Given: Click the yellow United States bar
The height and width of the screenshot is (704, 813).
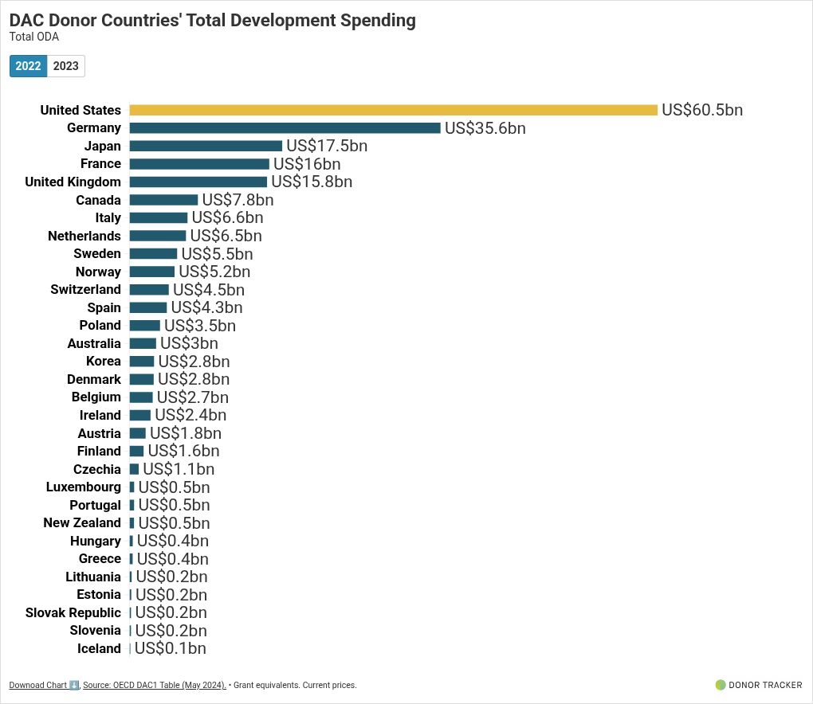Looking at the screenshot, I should tap(393, 110).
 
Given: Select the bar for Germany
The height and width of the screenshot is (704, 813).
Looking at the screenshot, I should tap(285, 128).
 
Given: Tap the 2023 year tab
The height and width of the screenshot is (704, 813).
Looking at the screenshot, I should tap(66, 66).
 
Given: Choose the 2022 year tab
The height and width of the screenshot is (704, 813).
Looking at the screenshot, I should tap(29, 66).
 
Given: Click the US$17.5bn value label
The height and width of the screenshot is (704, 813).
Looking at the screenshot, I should tap(327, 146).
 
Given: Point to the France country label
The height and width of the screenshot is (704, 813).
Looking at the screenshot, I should tap(100, 164).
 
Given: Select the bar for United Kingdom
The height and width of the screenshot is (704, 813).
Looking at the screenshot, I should tap(198, 182).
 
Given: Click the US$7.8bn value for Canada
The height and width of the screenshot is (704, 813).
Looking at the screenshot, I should tap(238, 200).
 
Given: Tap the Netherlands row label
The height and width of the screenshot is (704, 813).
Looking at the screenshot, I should tap(84, 236).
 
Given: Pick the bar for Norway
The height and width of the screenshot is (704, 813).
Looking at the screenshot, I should tap(151, 272).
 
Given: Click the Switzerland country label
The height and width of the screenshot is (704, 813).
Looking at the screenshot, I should tap(85, 290).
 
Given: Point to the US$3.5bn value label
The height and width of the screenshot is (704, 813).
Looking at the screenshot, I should tap(200, 326).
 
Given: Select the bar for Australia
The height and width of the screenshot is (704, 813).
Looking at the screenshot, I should tap(143, 343).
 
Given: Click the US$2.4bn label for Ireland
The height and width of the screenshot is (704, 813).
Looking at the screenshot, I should tap(190, 415).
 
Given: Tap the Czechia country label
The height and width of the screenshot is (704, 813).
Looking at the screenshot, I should tap(97, 469).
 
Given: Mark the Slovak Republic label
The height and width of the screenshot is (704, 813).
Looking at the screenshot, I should tap(73, 612).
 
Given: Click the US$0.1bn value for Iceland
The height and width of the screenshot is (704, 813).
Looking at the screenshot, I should tap(171, 648).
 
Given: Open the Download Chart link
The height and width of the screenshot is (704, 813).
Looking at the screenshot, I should tap(44, 685).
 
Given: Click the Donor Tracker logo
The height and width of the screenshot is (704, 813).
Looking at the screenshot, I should tap(759, 685).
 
